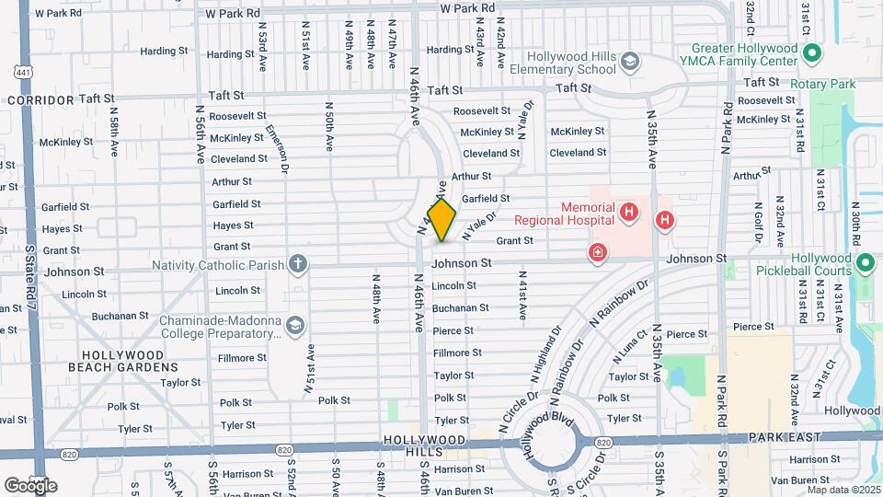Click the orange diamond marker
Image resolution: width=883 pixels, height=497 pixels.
(x=441, y=220)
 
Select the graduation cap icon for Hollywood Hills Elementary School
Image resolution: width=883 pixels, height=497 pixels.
(x=630, y=62)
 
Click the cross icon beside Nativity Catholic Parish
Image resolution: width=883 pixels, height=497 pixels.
(x=297, y=265)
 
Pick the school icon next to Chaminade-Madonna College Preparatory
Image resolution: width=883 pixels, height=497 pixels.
(x=294, y=325)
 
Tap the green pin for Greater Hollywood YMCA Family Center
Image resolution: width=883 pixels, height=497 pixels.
(x=812, y=54)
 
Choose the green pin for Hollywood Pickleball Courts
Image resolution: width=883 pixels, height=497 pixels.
(x=866, y=264)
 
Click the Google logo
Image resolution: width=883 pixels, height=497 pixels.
(x=30, y=485)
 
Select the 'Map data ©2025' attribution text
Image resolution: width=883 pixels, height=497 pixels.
(x=843, y=489)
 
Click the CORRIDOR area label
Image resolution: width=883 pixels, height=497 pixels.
(x=40, y=98)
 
